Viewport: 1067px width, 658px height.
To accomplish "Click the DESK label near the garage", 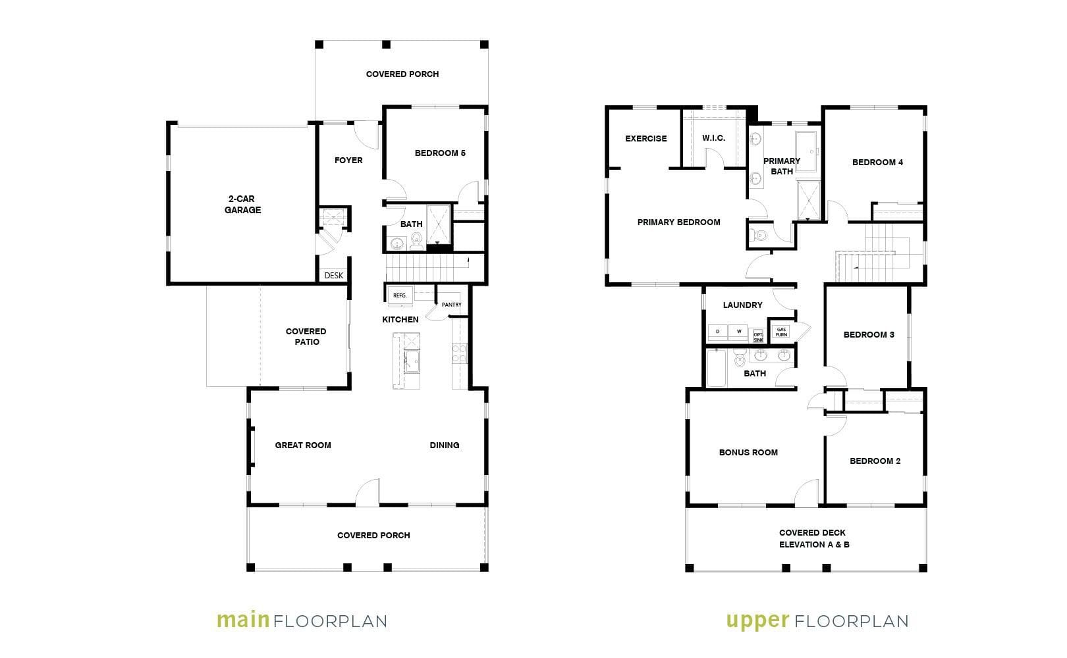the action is pyautogui.click(x=333, y=276).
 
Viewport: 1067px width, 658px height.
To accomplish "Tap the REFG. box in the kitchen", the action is pyautogui.click(x=400, y=295).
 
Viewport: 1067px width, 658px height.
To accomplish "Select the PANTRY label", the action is pyautogui.click(x=451, y=305).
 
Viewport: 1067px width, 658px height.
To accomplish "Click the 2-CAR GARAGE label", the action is pyautogui.click(x=242, y=204).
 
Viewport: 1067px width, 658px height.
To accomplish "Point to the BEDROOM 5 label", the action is pyautogui.click(x=440, y=153).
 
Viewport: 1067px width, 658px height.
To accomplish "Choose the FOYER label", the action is pyautogui.click(x=348, y=161).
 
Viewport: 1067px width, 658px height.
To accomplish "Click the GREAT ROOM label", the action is pyautogui.click(x=303, y=445).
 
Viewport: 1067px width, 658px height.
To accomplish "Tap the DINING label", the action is pyautogui.click(x=445, y=445).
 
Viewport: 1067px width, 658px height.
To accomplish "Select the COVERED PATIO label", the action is pyautogui.click(x=306, y=336).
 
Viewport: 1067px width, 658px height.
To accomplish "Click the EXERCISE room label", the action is pyautogui.click(x=646, y=138).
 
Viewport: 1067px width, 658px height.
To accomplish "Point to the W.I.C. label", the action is pyautogui.click(x=713, y=138).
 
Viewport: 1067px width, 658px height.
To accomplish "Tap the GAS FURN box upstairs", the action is pyautogui.click(x=781, y=332).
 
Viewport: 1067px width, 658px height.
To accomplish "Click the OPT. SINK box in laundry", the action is pyautogui.click(x=758, y=336).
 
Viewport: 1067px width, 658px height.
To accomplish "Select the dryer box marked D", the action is pyautogui.click(x=717, y=332).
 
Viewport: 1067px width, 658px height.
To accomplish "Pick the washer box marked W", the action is pyautogui.click(x=738, y=332).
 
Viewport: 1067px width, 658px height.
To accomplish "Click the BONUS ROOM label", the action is pyautogui.click(x=748, y=453).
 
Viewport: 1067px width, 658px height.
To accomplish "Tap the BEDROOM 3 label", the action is pyautogui.click(x=869, y=334).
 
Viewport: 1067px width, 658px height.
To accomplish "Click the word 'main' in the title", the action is pyautogui.click(x=244, y=620).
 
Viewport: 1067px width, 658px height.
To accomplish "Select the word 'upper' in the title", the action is pyautogui.click(x=758, y=621).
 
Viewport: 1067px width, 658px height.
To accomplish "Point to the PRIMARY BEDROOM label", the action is pyautogui.click(x=679, y=222).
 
